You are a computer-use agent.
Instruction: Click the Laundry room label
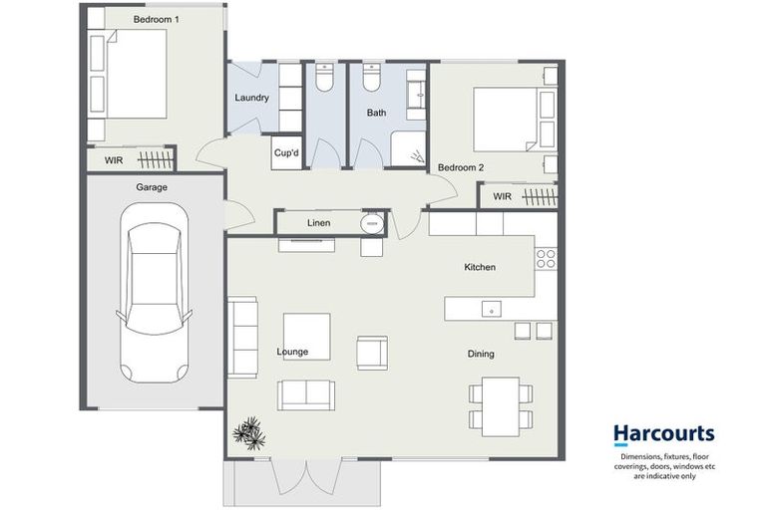[x=251, y=98]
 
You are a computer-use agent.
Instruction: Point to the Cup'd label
[x=286, y=153]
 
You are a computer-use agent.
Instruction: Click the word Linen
[x=318, y=223]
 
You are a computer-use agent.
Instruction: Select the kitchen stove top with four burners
[x=546, y=259]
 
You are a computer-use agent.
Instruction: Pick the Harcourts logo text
[x=662, y=433]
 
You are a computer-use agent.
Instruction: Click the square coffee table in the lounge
[x=306, y=333]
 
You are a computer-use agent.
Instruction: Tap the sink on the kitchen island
[x=491, y=310]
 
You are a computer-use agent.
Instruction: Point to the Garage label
[x=152, y=187]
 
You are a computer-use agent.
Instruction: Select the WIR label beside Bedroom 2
[x=502, y=197]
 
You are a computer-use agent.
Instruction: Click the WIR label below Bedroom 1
[x=114, y=159]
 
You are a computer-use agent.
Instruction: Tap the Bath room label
[x=376, y=113]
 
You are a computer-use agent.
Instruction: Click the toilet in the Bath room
[x=371, y=76]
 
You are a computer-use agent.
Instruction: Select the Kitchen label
[x=480, y=267]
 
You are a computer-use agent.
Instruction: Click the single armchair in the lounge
[x=372, y=353]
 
